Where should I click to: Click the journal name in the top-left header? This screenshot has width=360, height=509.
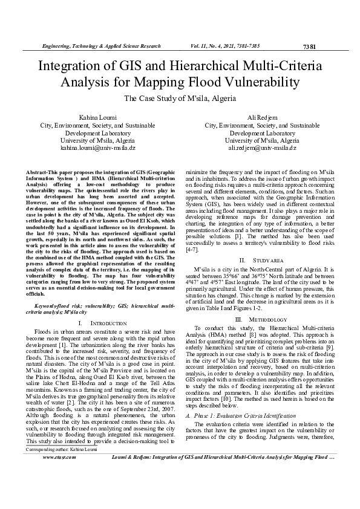tap(100, 46)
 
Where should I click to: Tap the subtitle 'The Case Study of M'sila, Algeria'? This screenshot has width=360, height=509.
tap(180, 99)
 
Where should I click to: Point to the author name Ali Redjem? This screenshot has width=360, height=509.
tap(262, 116)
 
